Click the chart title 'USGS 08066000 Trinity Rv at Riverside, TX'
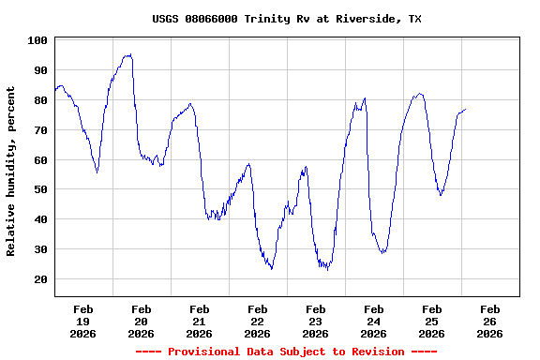point(286,19)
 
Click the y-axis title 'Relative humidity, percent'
point(11,171)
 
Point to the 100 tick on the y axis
point(38,40)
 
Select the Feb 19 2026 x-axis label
point(83,321)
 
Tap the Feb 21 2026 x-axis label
point(200,321)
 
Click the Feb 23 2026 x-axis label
point(316,321)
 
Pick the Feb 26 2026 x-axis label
point(489,321)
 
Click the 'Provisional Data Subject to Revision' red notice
point(286,352)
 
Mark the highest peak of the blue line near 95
point(127,54)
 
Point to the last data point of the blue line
point(465,110)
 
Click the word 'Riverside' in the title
point(366,19)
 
